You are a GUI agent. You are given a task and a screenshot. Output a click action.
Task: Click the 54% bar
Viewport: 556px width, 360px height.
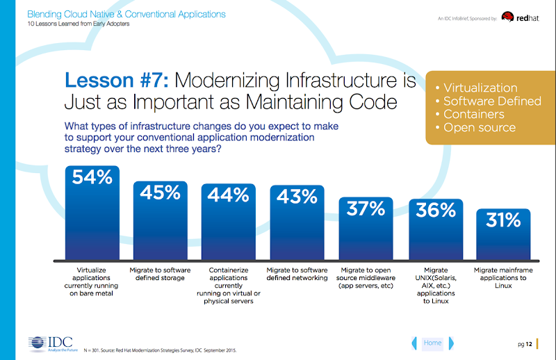[92, 212]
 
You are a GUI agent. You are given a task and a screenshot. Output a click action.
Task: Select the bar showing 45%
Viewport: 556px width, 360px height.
[161, 220]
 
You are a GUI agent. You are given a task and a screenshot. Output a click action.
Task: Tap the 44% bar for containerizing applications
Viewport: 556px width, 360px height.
[229, 221]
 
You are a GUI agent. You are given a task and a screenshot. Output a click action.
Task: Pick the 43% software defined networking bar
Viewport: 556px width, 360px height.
[297, 222]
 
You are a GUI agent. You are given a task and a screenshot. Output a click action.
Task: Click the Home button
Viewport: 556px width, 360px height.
[432, 343]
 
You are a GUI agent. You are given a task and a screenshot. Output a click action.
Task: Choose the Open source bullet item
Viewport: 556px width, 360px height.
[479, 127]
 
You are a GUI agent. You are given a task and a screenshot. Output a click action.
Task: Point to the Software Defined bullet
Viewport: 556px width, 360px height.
[492, 101]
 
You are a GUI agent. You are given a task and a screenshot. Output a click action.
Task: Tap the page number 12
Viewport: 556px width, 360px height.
[530, 343]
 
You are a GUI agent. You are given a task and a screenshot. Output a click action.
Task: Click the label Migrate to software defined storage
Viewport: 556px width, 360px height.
[161, 273]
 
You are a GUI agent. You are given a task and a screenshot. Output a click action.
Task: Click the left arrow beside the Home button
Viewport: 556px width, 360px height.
[415, 343]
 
